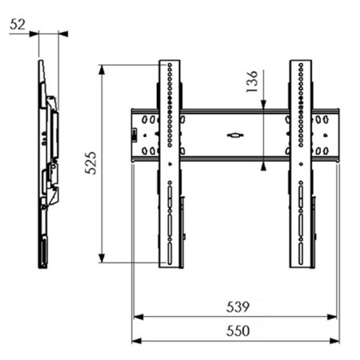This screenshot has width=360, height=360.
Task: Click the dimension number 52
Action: click(18, 25)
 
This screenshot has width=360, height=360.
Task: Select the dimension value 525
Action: click(91, 162)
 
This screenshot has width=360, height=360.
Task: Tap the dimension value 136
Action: click(252, 81)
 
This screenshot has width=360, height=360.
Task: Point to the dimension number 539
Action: click(238, 307)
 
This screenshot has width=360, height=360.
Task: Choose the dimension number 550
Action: click(238, 331)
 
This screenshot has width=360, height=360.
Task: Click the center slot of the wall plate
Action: click(235, 135)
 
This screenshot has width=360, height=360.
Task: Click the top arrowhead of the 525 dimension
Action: click(101, 69)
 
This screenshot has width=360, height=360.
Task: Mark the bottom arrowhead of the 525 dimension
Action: click(101, 258)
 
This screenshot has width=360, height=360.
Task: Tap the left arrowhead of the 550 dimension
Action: click(136, 341)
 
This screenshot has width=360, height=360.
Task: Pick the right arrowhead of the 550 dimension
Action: click(335, 341)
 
